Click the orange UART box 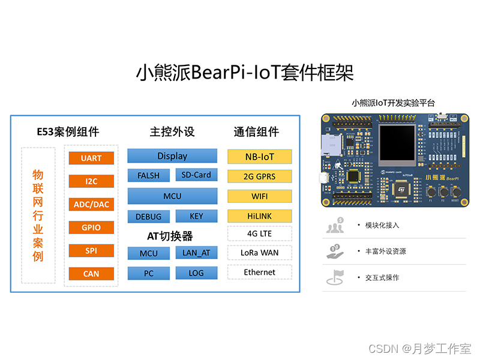point(91,158)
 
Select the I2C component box point(91,181)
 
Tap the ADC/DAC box point(91,205)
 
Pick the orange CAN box point(91,274)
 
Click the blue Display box point(172,156)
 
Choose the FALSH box point(148,175)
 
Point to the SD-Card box point(196,175)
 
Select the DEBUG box point(148,216)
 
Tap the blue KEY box point(196,216)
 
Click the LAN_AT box point(196,253)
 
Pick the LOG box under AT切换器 point(196,273)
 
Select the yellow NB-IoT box point(260,157)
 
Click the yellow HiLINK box point(260,215)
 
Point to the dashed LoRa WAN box point(260,253)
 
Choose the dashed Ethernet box point(260,272)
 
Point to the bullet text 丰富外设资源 point(386,251)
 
